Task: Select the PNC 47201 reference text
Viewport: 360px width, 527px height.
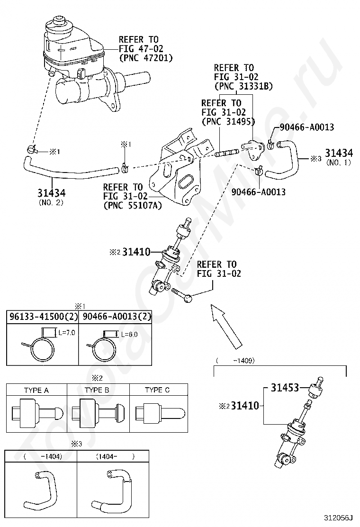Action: (x=146, y=58)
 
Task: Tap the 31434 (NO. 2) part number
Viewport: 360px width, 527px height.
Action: (x=51, y=197)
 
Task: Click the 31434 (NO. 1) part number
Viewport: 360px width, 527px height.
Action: (x=339, y=157)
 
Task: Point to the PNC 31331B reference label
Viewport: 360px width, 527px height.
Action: (x=243, y=86)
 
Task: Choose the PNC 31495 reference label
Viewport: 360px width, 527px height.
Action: (x=228, y=121)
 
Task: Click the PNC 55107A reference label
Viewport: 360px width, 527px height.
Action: (x=132, y=205)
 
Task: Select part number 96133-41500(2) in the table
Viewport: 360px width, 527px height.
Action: (x=43, y=316)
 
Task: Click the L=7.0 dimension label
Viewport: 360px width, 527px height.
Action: (x=67, y=333)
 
